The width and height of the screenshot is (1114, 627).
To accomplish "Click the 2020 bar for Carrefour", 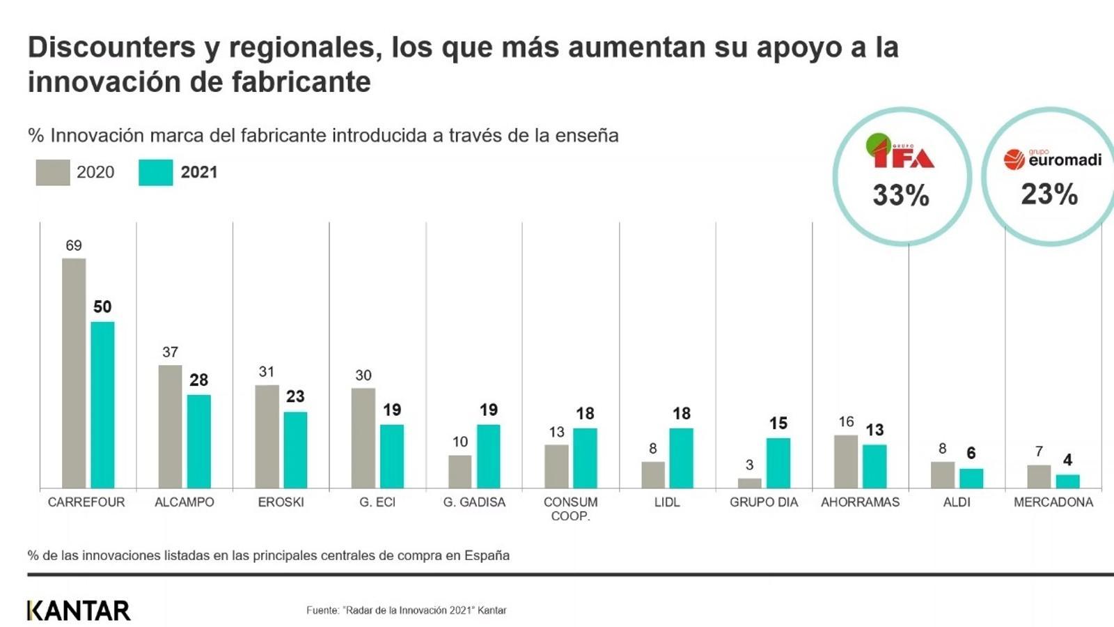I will [74, 373].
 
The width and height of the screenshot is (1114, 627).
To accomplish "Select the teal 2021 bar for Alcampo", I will [198, 441].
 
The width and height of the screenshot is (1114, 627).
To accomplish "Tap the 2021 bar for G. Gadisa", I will [488, 456].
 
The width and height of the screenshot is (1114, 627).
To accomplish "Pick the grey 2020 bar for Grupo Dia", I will [750, 483].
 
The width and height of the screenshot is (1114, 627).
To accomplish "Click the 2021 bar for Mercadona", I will [1067, 481].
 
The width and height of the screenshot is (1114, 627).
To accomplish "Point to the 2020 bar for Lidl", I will [653, 474].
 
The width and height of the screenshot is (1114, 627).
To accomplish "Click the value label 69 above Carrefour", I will [74, 245].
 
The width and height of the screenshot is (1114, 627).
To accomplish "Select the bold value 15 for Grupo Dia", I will [778, 423].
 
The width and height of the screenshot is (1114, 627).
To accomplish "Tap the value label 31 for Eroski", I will [267, 372].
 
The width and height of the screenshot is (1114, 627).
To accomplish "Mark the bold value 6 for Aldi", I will [971, 453].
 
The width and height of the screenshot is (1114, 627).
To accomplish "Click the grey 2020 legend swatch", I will [53, 173].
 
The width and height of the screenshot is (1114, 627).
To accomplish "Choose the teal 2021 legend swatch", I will [156, 173].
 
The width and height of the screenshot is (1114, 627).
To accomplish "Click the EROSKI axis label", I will [281, 502].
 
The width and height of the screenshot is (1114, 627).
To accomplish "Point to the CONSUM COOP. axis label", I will [570, 509].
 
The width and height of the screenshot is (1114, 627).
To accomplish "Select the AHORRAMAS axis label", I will [860, 502].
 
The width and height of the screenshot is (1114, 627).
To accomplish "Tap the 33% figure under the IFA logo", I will [901, 196].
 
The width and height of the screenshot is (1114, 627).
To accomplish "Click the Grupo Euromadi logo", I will [1052, 159].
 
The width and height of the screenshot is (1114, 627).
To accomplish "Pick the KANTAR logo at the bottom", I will [79, 610].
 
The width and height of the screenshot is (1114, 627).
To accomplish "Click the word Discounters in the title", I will [111, 47].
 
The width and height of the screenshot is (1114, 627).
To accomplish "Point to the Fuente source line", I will [406, 610].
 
